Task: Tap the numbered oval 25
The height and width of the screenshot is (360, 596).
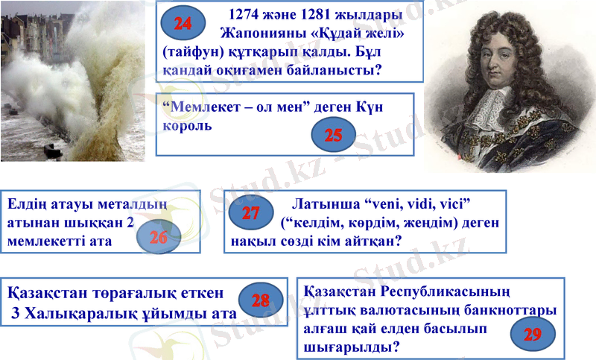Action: pos(333,134)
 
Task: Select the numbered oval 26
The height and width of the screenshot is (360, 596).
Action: pos(159,238)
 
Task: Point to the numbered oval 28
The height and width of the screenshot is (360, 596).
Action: pos(260,300)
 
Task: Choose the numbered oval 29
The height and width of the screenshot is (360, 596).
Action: pos(532,334)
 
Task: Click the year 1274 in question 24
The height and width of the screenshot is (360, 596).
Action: pos(248,15)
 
